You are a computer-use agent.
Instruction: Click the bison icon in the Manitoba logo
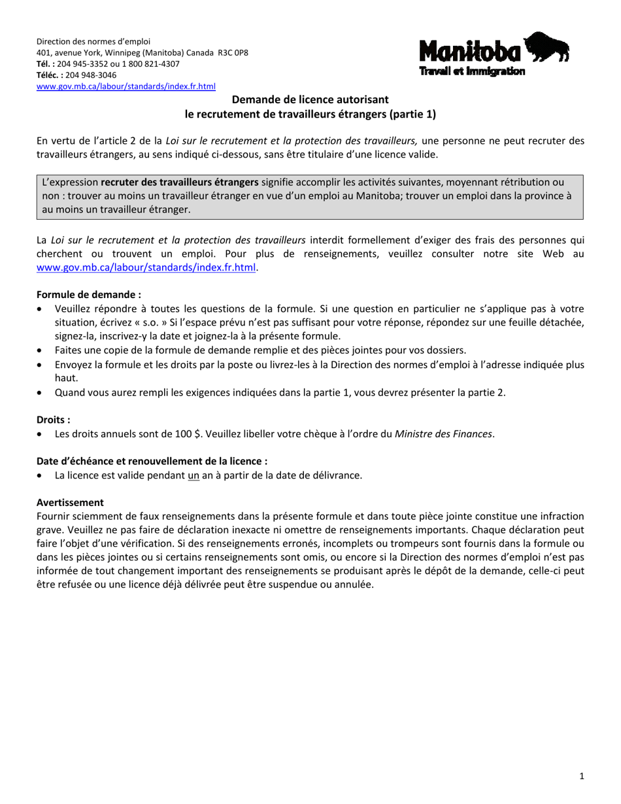tap(547, 47)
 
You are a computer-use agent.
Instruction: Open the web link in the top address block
tap(126, 86)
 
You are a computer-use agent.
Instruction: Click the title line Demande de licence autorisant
tap(310, 99)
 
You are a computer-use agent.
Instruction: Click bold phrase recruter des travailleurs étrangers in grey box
tap(180, 182)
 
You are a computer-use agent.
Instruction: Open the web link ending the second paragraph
tap(145, 267)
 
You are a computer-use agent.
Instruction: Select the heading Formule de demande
tap(89, 295)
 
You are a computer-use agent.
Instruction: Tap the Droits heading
tap(53, 420)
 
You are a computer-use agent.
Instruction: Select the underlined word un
tap(193, 475)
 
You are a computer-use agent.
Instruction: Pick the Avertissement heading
tap(70, 503)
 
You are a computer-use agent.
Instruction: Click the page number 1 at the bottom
tap(582, 776)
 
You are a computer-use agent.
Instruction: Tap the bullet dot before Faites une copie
tap(42, 351)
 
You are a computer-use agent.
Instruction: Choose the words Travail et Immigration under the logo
tap(471, 71)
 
